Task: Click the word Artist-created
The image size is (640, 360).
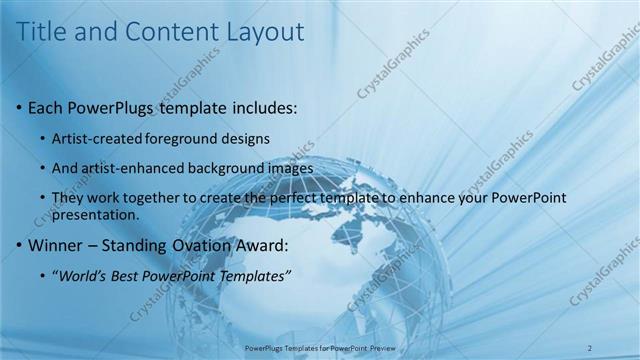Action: coord(97,137)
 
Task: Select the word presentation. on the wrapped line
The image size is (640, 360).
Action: coord(96,215)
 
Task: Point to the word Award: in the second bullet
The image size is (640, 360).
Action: coord(264,245)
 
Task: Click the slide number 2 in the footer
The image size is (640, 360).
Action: coord(589,347)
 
